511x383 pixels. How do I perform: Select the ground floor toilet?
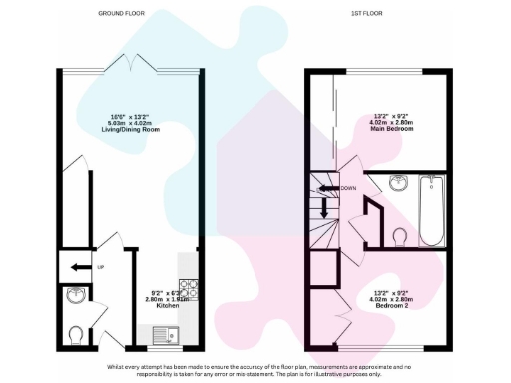click(x=76, y=333)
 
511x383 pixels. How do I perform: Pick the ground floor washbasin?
click(x=76, y=296)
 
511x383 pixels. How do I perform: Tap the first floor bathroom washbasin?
click(x=399, y=182)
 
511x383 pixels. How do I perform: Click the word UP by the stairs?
click(x=100, y=266)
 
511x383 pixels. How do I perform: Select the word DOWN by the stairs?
click(x=348, y=187)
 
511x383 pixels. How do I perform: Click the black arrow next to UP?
click(x=78, y=266)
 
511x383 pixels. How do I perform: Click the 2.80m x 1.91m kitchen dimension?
click(x=167, y=298)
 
